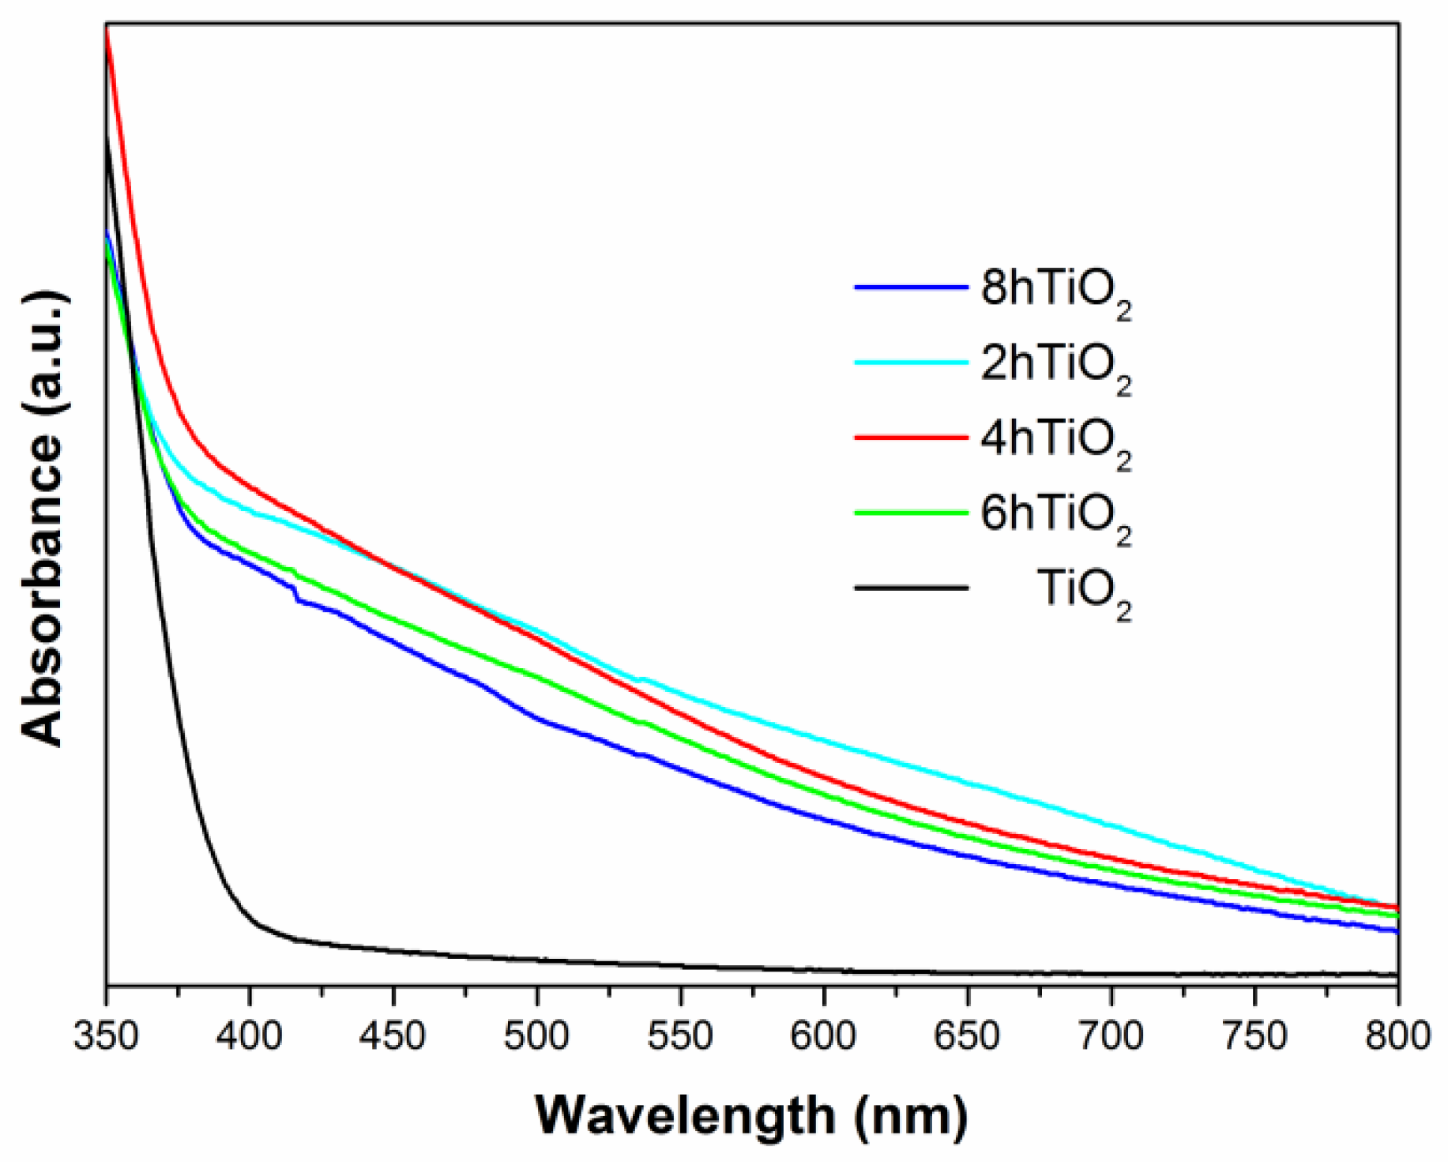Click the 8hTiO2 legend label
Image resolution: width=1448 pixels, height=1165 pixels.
[1055, 291]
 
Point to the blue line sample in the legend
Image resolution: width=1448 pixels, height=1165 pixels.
[911, 287]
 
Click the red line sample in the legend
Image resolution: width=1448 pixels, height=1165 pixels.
[911, 437]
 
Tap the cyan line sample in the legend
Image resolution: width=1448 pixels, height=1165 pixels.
[911, 362]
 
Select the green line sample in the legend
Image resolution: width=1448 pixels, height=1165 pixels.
[911, 512]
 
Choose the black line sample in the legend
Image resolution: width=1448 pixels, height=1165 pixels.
[911, 587]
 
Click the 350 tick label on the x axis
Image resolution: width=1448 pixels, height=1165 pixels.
[106, 1035]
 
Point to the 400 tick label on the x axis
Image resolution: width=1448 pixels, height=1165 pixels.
[250, 1035]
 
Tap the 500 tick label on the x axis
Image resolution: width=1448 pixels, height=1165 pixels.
[537, 1035]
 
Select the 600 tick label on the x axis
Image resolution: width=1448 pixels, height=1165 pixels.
[824, 1035]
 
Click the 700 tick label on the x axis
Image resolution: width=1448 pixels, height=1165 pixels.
[1111, 1035]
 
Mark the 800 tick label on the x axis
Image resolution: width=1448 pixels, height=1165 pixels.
[1397, 1035]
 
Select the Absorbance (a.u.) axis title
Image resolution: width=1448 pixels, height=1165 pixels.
[43, 518]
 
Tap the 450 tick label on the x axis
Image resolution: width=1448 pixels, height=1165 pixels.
[393, 1035]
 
